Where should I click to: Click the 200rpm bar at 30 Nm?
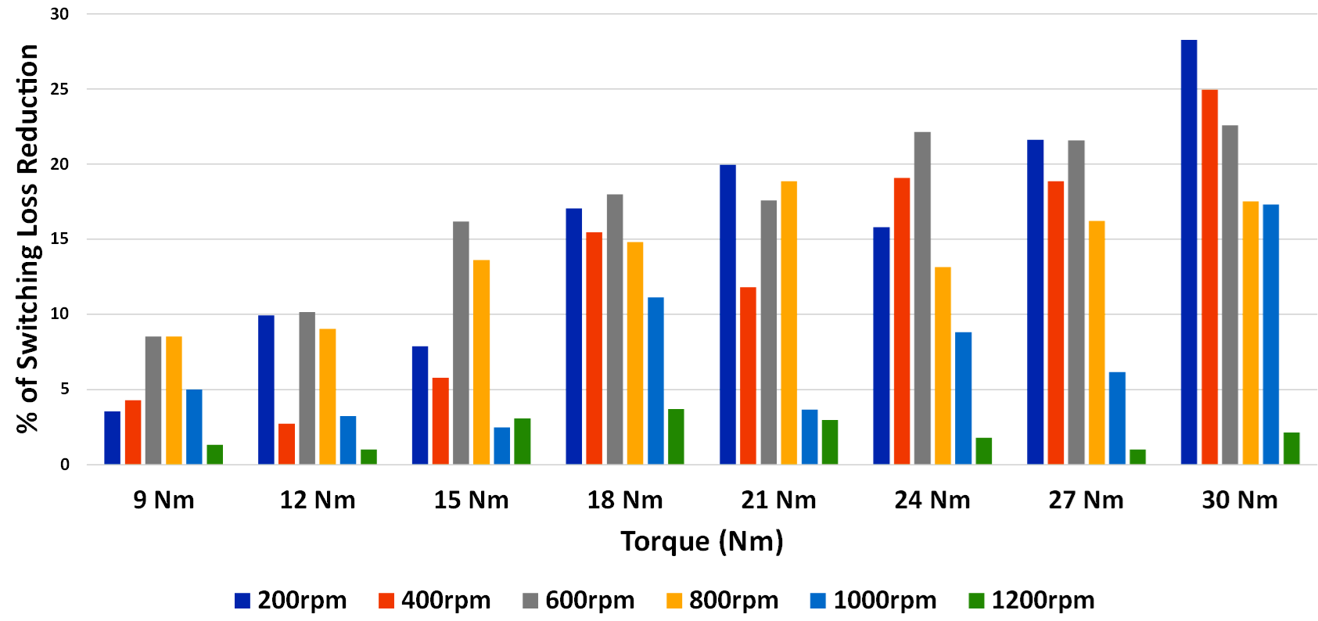1188,252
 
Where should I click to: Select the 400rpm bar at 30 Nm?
1209,277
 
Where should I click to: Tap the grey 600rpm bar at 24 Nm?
922,298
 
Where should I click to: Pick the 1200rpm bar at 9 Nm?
214,454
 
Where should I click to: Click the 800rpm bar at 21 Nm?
788,322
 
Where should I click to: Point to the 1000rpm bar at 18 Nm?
655,381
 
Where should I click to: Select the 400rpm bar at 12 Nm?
286,444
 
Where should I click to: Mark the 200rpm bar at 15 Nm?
420,405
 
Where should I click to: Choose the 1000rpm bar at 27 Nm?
1117,418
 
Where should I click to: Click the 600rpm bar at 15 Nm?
461,343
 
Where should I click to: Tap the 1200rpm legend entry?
1031,601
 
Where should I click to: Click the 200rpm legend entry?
290,601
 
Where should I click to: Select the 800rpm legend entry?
722,601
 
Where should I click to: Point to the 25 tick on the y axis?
59,89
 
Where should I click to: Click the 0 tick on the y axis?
65,465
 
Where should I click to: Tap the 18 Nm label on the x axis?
625,501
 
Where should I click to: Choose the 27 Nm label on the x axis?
1086,501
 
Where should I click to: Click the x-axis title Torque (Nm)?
702,541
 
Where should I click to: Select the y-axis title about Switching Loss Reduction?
27,239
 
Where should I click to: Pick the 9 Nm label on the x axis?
163,501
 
